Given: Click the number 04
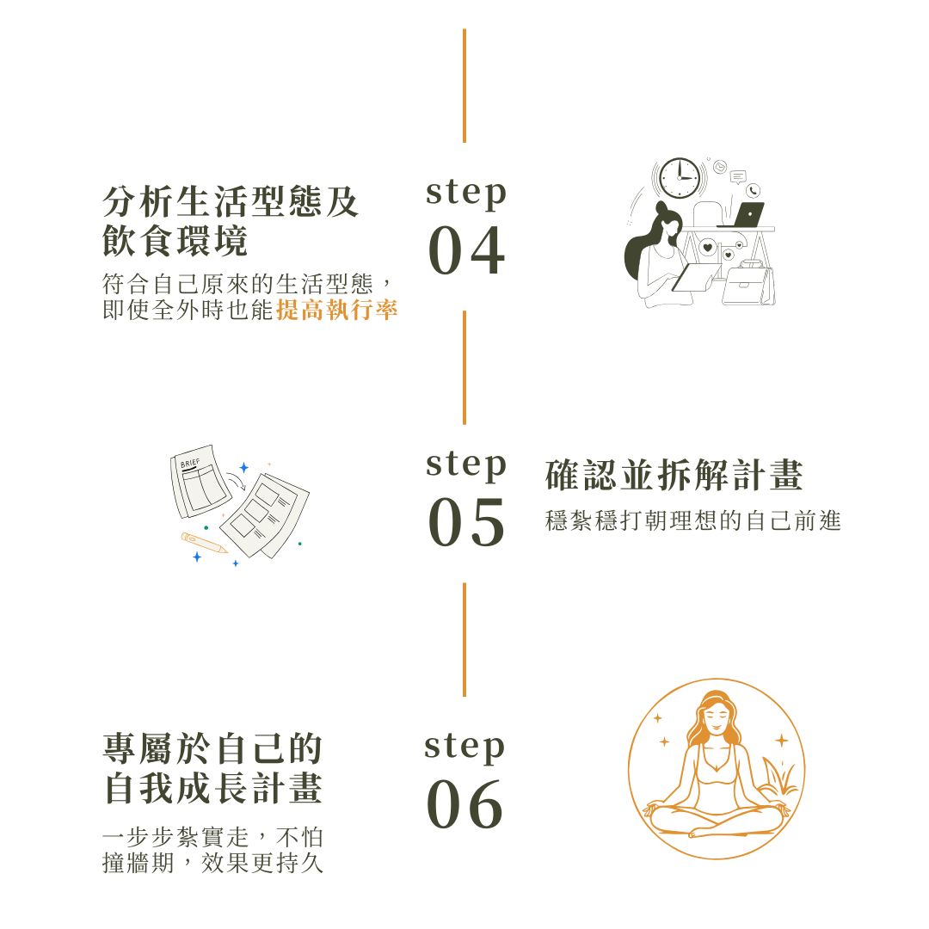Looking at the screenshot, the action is [x=467, y=250].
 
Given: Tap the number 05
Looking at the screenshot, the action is [x=467, y=522].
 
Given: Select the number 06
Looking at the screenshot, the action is [x=465, y=804].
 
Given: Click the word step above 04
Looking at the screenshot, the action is [x=466, y=194].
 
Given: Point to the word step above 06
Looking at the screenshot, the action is [x=464, y=748].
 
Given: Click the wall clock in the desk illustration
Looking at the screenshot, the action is [x=680, y=178].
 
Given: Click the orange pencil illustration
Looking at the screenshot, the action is [x=204, y=543].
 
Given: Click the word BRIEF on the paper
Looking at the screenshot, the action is [x=190, y=463].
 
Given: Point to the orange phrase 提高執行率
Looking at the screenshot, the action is [x=337, y=310].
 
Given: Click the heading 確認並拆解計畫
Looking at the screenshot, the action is [x=674, y=475].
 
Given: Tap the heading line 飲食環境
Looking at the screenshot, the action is [x=175, y=241].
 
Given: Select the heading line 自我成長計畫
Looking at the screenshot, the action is [x=213, y=788].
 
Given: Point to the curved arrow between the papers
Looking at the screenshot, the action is [x=237, y=482].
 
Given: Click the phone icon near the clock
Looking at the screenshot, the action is [x=753, y=190].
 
